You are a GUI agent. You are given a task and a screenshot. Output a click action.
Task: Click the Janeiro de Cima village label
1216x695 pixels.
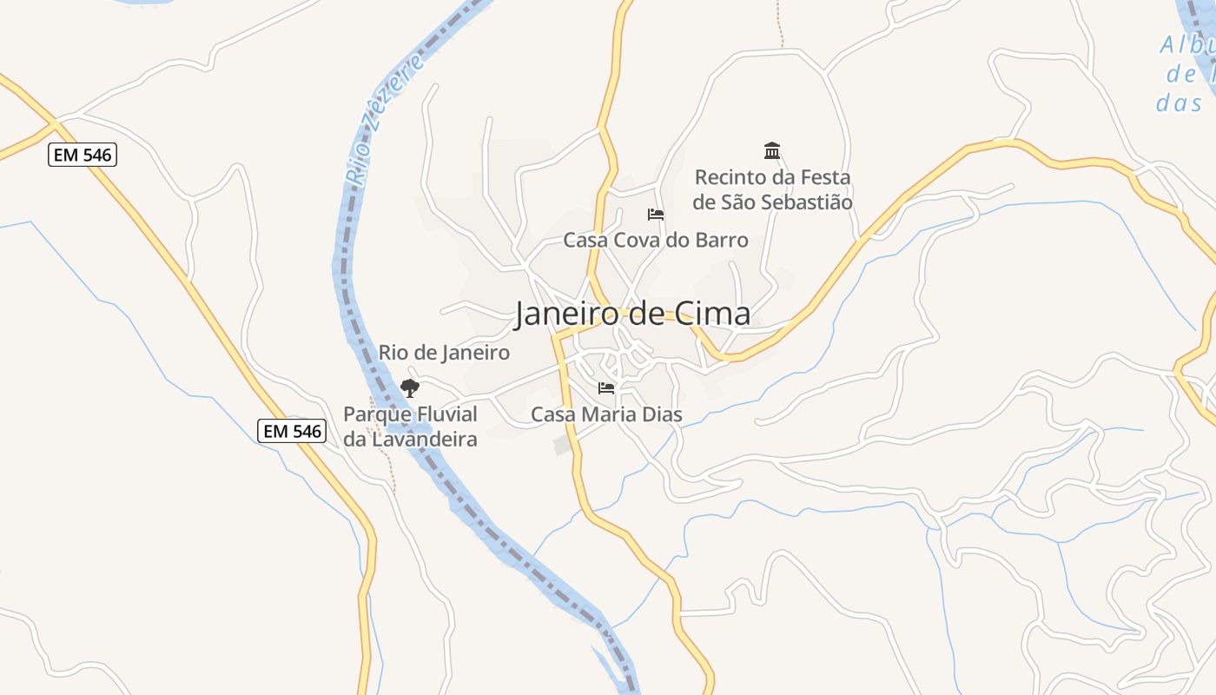[x=632, y=314]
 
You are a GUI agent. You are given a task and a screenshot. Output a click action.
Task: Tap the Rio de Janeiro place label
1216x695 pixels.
[x=444, y=353]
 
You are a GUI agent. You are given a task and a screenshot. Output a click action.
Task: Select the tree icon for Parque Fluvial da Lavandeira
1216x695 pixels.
[x=409, y=387]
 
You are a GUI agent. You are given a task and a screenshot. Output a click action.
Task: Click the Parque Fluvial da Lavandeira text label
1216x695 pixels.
[x=410, y=427]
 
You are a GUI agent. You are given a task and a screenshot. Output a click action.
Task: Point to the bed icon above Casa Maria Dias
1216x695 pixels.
[x=606, y=387]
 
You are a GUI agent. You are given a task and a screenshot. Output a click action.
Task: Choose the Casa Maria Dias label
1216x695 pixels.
[x=606, y=415]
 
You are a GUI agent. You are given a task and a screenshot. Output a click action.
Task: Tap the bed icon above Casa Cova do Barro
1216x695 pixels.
[x=656, y=214]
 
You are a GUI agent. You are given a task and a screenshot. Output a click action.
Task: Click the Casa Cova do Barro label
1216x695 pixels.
[x=656, y=240]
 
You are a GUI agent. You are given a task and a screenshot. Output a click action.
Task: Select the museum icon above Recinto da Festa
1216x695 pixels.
[x=772, y=151]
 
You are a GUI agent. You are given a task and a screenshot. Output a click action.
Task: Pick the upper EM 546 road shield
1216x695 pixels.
[x=82, y=156]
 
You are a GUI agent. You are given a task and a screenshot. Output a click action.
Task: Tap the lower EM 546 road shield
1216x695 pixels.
[x=292, y=430]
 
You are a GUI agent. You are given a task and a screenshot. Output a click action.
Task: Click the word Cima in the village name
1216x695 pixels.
[x=710, y=314]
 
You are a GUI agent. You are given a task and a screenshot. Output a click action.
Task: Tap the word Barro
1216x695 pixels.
[x=721, y=240]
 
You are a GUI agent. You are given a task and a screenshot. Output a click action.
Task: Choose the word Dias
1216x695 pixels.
[x=661, y=415]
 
